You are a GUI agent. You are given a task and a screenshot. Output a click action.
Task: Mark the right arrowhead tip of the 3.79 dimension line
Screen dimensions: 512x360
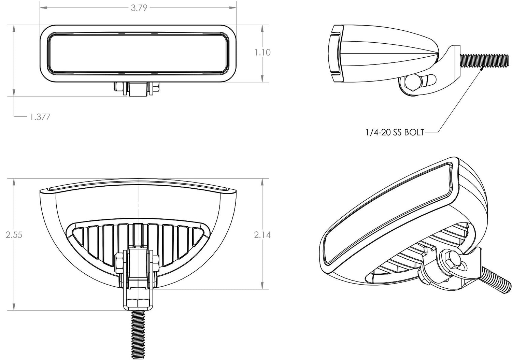[x=236, y=8]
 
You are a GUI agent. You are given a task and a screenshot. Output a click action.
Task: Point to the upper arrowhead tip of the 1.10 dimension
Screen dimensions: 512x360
[x=262, y=25]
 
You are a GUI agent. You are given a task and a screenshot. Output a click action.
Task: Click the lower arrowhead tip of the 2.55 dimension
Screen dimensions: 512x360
[x=14, y=311]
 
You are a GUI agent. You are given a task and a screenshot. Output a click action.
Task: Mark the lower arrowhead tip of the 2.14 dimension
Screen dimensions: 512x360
[x=262, y=289]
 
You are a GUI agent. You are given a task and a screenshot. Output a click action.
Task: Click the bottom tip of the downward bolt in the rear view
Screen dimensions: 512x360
[x=138, y=359]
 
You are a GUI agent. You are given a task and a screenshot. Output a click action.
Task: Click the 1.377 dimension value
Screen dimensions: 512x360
[x=40, y=117]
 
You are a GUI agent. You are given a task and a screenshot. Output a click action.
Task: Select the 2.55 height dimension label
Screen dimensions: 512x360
[x=14, y=235]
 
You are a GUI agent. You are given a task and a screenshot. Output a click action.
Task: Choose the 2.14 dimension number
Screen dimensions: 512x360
[x=262, y=235]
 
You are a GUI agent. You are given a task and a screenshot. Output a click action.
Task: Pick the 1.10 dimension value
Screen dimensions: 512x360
[x=263, y=53]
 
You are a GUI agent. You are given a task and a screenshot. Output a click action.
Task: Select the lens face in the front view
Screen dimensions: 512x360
[x=138, y=54]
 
